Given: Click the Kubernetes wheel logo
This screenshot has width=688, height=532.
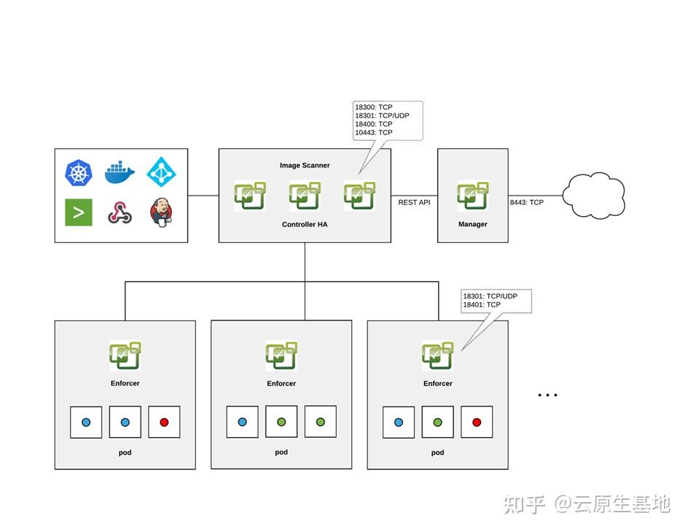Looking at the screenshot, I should point(79,173).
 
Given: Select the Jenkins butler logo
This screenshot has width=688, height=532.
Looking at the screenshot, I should point(161,212).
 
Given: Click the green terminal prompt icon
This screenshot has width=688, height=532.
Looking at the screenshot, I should point(79,212).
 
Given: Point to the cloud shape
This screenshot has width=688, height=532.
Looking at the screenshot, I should point(594,195).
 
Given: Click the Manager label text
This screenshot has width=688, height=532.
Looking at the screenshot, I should point(472,224).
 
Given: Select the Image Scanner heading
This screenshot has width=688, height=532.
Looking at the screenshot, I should point(305,166).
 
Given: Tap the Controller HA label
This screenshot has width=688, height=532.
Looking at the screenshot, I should point(305,224).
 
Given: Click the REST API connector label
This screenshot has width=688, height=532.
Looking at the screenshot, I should point(414,202).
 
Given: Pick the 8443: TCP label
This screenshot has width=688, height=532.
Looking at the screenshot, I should point(526,202).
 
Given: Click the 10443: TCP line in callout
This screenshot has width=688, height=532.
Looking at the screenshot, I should point(373,133).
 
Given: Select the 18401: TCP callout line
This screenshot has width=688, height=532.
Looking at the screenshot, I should point(482,304).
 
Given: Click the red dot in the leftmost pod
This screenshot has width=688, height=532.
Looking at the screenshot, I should point(164,422).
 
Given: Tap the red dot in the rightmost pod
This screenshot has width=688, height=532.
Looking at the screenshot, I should point(477,422).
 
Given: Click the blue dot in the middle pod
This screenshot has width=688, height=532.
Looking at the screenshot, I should point(242,422).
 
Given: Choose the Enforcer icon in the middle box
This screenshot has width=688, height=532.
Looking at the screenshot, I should point(281,355).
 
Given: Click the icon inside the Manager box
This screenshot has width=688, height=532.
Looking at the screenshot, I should point(473,196).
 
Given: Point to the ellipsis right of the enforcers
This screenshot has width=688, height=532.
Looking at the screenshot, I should point(547,395).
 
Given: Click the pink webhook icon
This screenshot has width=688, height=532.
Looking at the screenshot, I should point(120,212).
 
